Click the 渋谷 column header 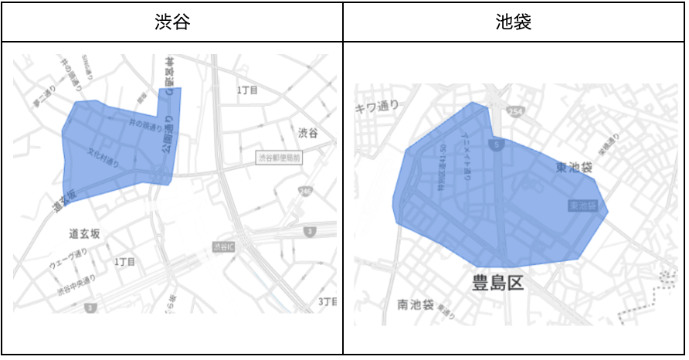171,22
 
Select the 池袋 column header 514,22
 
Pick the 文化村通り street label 104,158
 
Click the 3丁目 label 327,301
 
